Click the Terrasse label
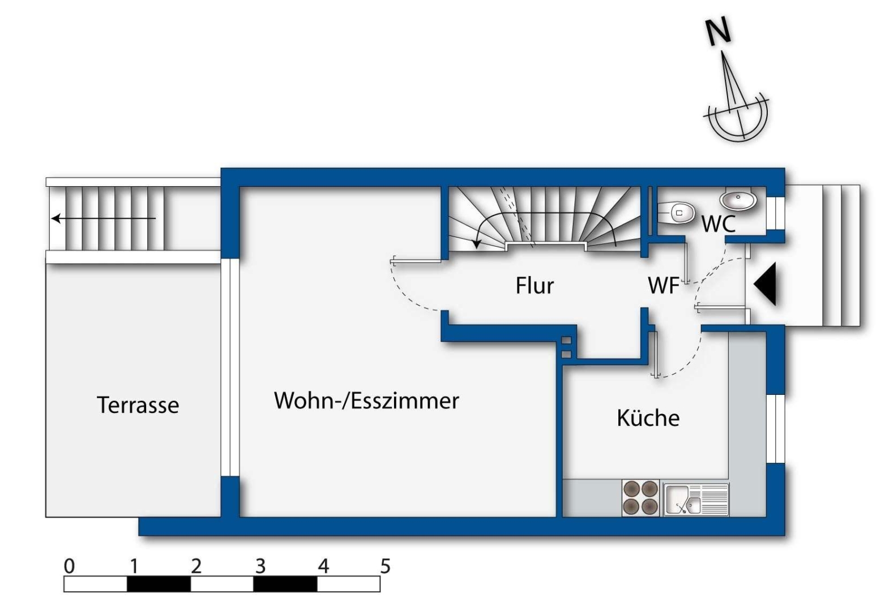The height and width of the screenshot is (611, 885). [x=138, y=405]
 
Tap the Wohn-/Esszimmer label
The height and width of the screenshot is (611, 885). [x=366, y=401]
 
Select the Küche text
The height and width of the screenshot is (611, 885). [x=648, y=418]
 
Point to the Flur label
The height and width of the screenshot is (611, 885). [x=535, y=285]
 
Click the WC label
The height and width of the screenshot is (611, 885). [x=719, y=224]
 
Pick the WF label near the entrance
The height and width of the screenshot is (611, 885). [x=664, y=285]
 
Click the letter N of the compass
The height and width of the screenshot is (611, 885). [x=718, y=32]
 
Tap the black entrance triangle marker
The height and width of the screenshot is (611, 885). [x=765, y=284]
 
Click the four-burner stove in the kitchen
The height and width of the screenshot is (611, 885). [x=640, y=498]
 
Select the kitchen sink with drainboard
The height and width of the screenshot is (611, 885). [x=696, y=500]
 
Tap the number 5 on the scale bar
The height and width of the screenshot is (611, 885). [x=385, y=566]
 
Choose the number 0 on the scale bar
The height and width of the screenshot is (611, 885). [x=69, y=566]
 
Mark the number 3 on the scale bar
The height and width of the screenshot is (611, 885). [x=260, y=566]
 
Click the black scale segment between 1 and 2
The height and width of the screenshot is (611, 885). [x=159, y=584]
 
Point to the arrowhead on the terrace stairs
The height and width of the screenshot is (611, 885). [x=56, y=218]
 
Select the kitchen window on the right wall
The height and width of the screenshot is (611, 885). [x=776, y=429]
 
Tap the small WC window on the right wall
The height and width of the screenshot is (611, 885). [x=776, y=213]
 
